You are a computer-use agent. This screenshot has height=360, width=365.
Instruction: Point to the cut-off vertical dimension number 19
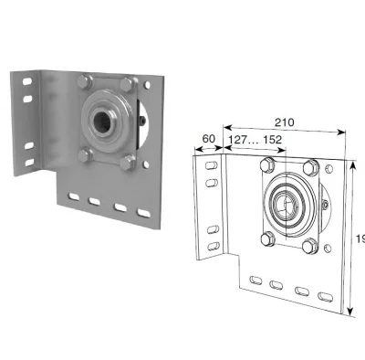(359, 238)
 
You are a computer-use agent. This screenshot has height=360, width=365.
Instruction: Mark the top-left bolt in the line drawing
(266, 164)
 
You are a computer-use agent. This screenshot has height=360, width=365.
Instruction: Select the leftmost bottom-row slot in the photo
(66, 197)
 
